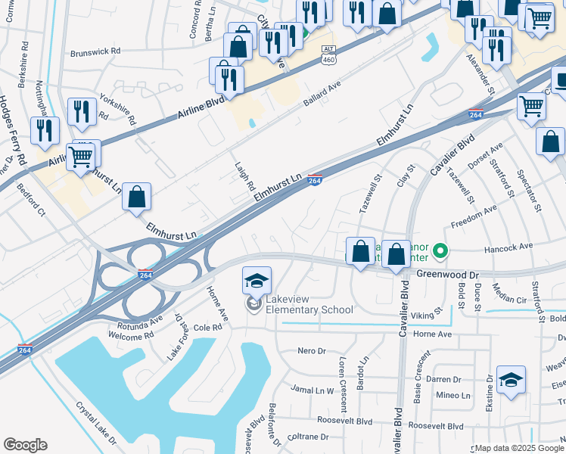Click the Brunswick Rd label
(x=95, y=52)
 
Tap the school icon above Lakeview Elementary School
(x=257, y=280)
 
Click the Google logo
(x=25, y=445)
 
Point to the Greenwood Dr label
(x=448, y=275)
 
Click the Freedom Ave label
(x=474, y=216)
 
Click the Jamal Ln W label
(x=313, y=390)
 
